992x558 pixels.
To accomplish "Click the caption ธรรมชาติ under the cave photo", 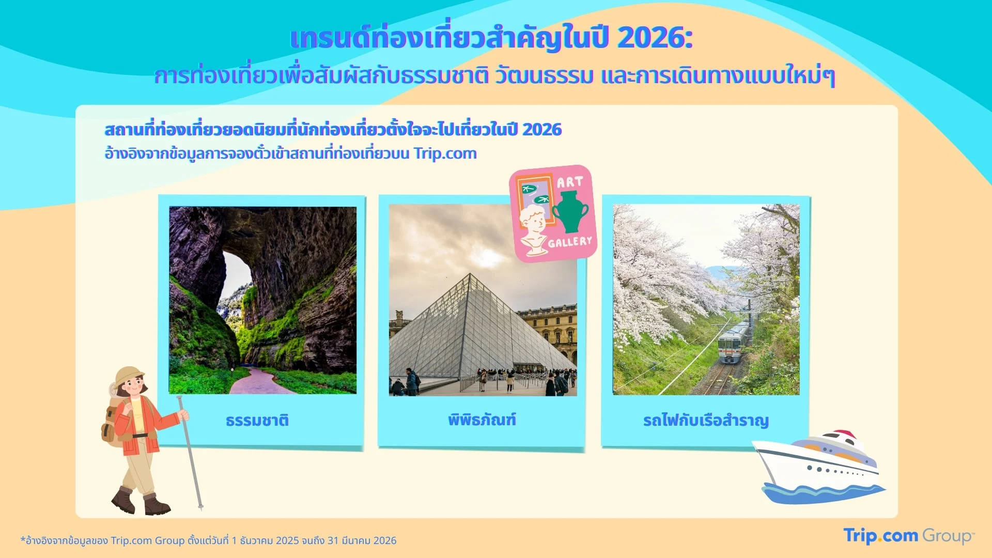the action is pos(257,420).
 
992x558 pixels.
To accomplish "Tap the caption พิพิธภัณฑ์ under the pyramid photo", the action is pos(482,419).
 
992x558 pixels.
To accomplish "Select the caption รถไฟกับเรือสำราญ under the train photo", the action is pos(706,421).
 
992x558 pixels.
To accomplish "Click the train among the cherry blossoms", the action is pos(733,343).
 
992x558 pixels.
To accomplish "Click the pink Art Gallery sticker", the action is pos(553,213).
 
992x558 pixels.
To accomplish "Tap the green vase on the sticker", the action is pos(570,211).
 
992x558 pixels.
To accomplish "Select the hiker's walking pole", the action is pos(190,453).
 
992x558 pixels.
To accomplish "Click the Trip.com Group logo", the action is pos(909,536).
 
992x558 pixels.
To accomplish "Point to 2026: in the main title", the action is pos(655,38).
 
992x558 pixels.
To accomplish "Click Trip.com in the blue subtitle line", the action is pos(445,153).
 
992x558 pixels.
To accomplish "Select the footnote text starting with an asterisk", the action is pos(209,540).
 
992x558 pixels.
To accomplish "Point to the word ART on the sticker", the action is pos(570,182).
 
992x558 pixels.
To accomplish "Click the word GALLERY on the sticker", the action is pos(570,242).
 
